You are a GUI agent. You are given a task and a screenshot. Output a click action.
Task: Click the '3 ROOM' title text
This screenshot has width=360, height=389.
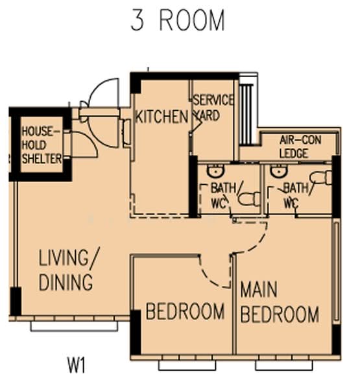[178, 21]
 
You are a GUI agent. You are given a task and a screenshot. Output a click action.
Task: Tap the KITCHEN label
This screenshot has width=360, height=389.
[162, 117]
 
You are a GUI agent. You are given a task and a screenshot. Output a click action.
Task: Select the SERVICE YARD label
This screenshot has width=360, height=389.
[213, 108]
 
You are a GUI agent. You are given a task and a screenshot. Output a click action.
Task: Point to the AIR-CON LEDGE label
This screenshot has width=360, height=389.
[300, 147]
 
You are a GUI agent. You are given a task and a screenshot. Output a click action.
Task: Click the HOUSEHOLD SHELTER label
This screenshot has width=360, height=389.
[42, 145]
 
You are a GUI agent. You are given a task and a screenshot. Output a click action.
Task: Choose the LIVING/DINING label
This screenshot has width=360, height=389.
[69, 270]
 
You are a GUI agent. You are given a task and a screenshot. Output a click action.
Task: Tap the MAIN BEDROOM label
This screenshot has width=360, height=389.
[280, 302]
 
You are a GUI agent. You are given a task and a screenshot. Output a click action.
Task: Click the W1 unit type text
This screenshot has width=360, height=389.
[77, 365]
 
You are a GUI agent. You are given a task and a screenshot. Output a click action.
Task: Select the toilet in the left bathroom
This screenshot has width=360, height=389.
[249, 199]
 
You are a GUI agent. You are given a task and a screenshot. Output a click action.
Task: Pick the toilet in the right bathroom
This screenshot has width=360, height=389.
[321, 178]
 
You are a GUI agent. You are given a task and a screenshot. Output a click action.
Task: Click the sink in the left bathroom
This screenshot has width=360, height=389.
[215, 171]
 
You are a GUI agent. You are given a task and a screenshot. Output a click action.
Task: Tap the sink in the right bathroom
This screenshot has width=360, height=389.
[279, 171]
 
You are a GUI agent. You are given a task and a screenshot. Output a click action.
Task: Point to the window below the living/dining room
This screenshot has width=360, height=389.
[74, 326]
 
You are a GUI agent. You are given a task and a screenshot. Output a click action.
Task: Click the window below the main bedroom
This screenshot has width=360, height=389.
[284, 365]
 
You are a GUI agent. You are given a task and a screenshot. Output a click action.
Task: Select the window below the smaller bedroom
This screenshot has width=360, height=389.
[187, 365]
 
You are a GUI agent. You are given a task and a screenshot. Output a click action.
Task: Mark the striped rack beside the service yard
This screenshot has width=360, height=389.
[246, 114]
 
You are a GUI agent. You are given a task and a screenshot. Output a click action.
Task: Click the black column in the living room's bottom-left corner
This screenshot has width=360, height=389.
[16, 301]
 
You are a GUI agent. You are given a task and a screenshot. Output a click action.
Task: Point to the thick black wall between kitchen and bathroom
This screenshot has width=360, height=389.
[193, 187]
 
